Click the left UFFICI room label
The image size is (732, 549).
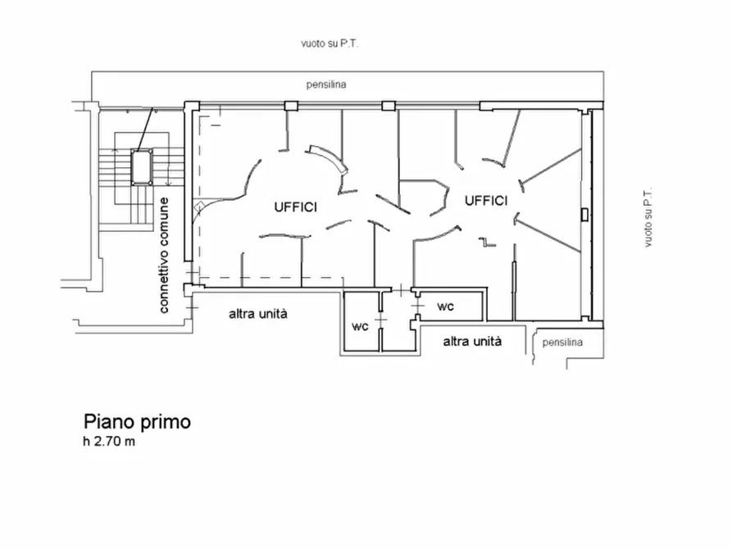[295, 207]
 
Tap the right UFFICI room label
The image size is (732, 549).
[487, 201]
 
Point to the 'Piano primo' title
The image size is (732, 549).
[137, 422]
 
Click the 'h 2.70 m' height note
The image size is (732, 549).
[107, 443]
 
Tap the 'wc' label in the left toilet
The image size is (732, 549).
[359, 325]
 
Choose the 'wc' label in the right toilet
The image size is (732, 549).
[445, 306]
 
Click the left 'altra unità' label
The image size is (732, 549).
[257, 314]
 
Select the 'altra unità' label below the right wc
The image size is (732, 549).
[472, 342]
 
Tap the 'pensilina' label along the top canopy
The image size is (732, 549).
[326, 84]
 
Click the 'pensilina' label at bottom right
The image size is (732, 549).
[562, 343]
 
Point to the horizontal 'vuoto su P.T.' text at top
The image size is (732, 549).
[329, 43]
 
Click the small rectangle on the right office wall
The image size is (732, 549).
[582, 215]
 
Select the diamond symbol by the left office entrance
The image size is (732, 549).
[197, 206]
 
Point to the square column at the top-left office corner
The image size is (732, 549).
[191, 106]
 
